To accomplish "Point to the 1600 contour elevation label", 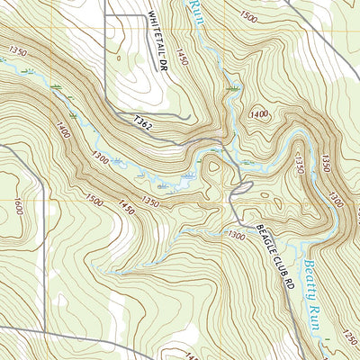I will point(16,207).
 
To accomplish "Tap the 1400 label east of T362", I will point(260,114).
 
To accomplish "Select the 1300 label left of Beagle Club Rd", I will point(237,236).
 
